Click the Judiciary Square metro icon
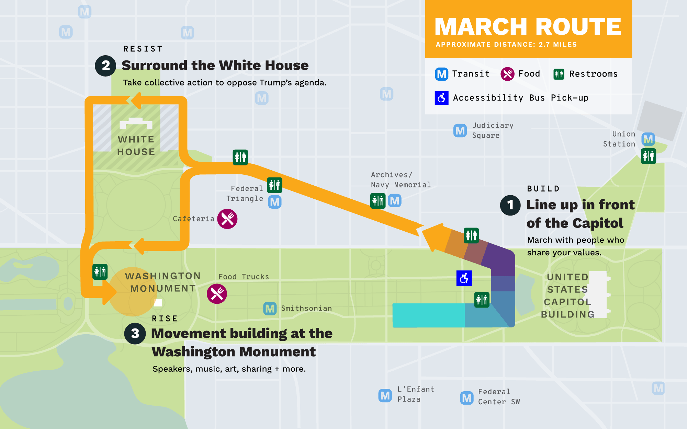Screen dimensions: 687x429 point(460,130)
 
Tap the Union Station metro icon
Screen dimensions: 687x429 point(648,139)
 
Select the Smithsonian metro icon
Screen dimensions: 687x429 point(270,309)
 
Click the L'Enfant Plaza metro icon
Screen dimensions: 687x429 point(385,395)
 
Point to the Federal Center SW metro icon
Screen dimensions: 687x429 point(467,398)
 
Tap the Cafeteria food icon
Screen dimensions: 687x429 point(227,219)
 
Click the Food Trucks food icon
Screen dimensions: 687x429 point(217,294)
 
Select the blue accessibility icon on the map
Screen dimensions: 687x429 point(464,278)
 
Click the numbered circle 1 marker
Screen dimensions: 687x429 point(510,205)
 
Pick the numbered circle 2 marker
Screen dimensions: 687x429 point(105,66)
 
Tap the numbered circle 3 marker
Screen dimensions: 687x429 point(135,333)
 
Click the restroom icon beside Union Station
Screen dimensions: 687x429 point(649,156)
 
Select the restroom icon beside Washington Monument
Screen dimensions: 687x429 point(100,272)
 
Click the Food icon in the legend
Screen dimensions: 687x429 point(507,74)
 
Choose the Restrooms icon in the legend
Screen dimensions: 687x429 point(559,74)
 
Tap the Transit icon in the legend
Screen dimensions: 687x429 point(442,74)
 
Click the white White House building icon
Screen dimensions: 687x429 point(136,123)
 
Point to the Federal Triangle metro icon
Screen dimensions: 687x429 point(275,202)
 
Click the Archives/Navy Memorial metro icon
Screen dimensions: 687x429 point(395,200)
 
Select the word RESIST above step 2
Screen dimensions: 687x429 point(143,49)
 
